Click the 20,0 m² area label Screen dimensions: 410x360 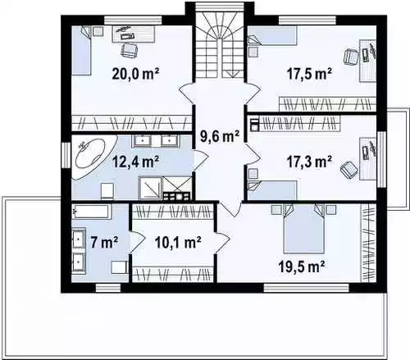coord(135,73)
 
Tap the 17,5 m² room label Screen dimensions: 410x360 coord(309,73)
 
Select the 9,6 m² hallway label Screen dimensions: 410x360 coord(220,136)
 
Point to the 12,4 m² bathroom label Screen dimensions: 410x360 coord(135,162)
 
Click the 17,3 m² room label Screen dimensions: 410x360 coord(309,162)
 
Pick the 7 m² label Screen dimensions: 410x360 coord(104,242)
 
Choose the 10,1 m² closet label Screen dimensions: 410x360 coord(178,242)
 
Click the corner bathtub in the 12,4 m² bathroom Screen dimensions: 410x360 coord(93,157)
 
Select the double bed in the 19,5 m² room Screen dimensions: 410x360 coord(303,229)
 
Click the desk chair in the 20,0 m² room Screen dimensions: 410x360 coord(129,50)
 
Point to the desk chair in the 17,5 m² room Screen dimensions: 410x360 coord(351,56)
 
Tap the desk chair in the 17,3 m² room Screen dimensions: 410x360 coord(349,170)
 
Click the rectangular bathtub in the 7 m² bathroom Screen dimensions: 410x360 coord(92,212)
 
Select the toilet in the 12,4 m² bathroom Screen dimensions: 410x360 coord(107,190)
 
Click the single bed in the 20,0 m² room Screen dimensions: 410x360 coord(81,51)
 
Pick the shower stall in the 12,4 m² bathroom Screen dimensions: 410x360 coord(150,188)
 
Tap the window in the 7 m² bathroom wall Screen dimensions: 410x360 coord(108,288)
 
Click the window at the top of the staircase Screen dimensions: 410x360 coord(220,6)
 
